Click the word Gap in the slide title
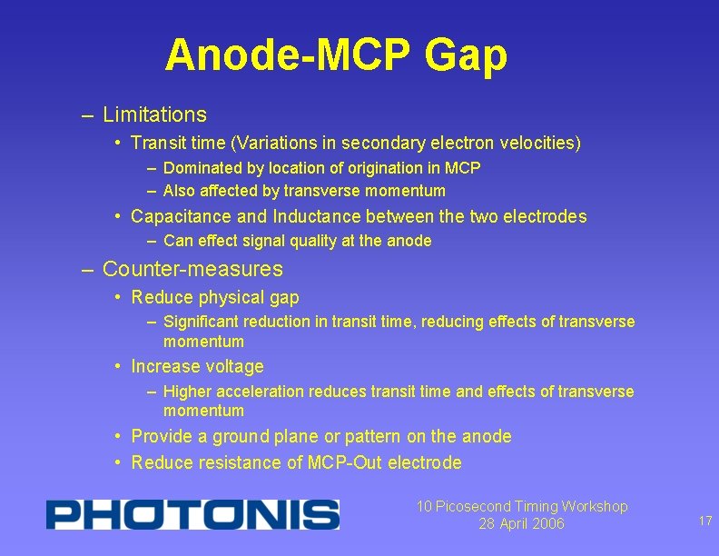[x=465, y=56]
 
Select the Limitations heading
[x=154, y=115]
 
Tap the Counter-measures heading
[x=192, y=270]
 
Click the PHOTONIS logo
[x=192, y=514]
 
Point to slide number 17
[x=704, y=521]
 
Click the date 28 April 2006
[x=521, y=524]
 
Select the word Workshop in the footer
[x=595, y=507]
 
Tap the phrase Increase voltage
[x=197, y=367]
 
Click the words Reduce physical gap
[x=215, y=298]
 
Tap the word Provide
[x=160, y=437]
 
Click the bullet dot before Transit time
[x=119, y=143]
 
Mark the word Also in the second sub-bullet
[x=180, y=191]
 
